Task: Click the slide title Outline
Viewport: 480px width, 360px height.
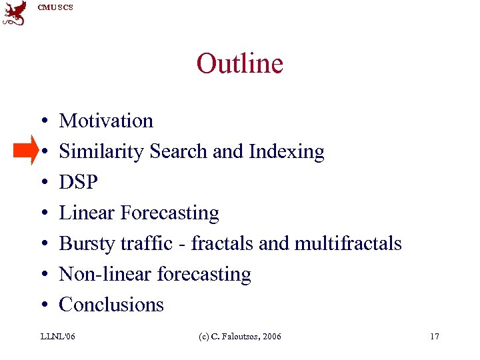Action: pyautogui.click(x=239, y=64)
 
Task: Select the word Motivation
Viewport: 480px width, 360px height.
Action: pyautogui.click(x=106, y=121)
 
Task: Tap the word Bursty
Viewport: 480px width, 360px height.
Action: pyautogui.click(x=87, y=244)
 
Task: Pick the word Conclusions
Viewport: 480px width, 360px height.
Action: pyautogui.click(x=111, y=305)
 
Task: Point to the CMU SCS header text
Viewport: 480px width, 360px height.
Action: pyautogui.click(x=55, y=7)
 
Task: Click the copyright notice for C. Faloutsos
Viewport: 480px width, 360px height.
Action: pyautogui.click(x=240, y=337)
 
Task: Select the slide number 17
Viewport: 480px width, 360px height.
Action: pyautogui.click(x=434, y=337)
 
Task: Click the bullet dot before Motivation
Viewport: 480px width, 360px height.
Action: pyautogui.click(x=42, y=121)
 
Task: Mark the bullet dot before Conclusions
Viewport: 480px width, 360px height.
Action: pyautogui.click(x=42, y=305)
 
